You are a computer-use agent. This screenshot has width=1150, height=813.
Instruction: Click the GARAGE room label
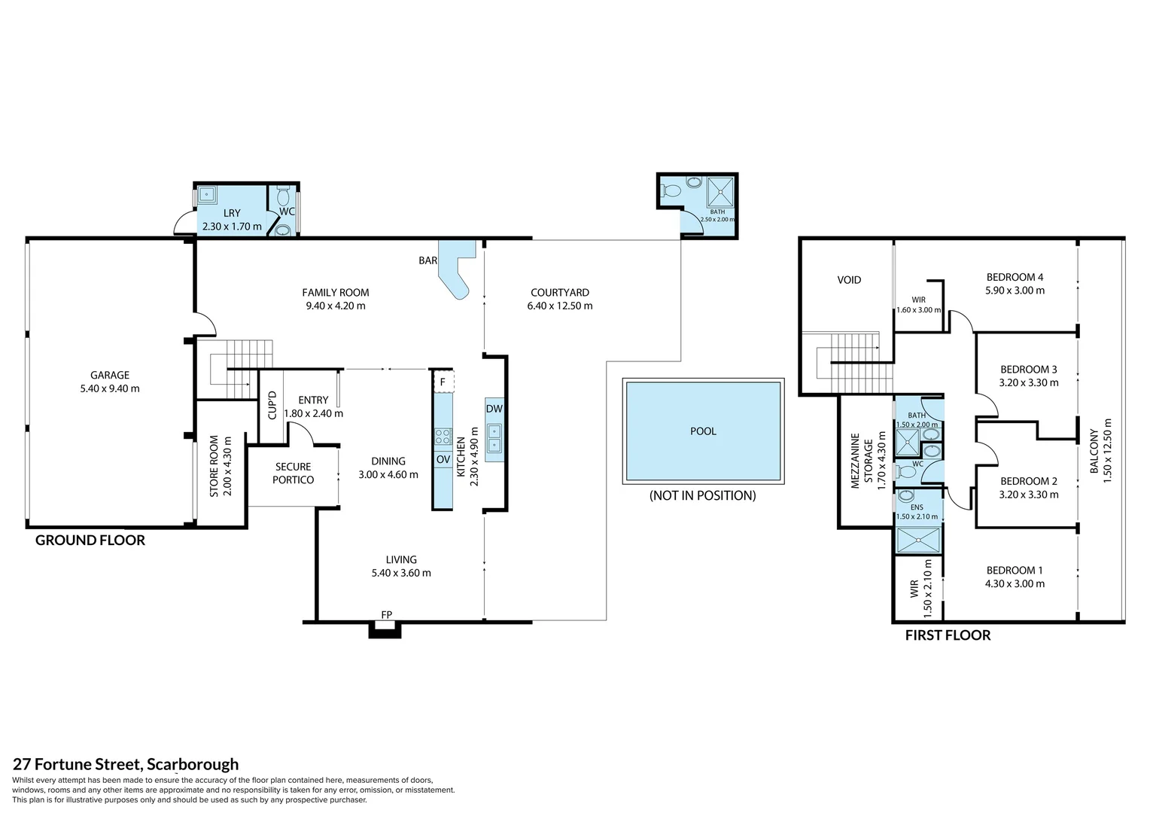pos(110,375)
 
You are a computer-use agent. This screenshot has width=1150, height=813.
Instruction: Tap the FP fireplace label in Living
pos(387,614)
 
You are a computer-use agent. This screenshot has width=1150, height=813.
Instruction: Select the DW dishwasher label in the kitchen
pos(494,409)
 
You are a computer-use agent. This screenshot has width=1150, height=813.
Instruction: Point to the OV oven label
pos(443,459)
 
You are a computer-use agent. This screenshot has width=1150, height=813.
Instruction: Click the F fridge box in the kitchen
pos(443,382)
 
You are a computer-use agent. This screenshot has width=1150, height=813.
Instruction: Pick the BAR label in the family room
pos(427,260)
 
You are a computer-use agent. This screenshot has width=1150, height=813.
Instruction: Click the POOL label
pos(703,431)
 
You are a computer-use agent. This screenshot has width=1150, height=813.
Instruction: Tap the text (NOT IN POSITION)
pos(702,495)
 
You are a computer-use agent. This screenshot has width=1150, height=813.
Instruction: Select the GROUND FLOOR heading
pos(90,540)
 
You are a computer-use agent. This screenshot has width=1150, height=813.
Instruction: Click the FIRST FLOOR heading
pos(948,635)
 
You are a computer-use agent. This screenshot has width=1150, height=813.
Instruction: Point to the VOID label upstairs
pos(849,280)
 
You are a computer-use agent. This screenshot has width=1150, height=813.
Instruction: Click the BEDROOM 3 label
pos(1029,370)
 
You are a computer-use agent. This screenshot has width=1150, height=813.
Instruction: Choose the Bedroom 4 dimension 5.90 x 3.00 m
pos(1015,290)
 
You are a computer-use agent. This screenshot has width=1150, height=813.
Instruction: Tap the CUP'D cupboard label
pos(272,405)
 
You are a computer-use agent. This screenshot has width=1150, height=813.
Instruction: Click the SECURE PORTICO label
pos(294,473)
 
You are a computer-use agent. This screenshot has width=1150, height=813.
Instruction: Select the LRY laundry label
pos(232,212)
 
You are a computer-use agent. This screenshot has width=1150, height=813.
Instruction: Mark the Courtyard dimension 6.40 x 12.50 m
pos(560,306)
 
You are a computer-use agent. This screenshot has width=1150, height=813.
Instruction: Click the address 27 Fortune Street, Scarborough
pos(126,764)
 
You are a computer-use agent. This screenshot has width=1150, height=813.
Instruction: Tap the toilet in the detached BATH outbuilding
pos(671,190)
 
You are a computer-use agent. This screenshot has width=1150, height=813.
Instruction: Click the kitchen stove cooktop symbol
pos(443,437)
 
